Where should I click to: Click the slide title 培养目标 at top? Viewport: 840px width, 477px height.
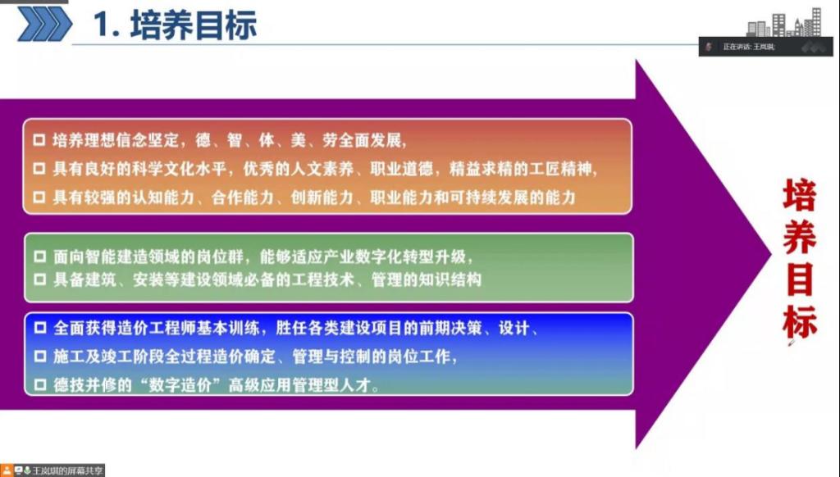194,25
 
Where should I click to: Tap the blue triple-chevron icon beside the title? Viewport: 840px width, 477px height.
44,24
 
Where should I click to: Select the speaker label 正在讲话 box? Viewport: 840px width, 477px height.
765,47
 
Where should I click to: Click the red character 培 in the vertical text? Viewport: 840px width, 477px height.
799,195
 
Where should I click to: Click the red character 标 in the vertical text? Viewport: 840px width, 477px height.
799,321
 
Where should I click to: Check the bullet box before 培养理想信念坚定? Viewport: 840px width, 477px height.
39,140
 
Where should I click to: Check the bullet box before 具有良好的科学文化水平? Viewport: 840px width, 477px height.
39,169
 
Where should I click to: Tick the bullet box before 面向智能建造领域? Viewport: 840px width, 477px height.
40,257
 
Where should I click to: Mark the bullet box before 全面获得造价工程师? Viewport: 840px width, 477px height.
40,328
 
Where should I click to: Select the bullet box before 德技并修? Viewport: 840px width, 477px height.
40,384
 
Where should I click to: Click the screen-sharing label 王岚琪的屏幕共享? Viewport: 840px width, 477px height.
67,470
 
